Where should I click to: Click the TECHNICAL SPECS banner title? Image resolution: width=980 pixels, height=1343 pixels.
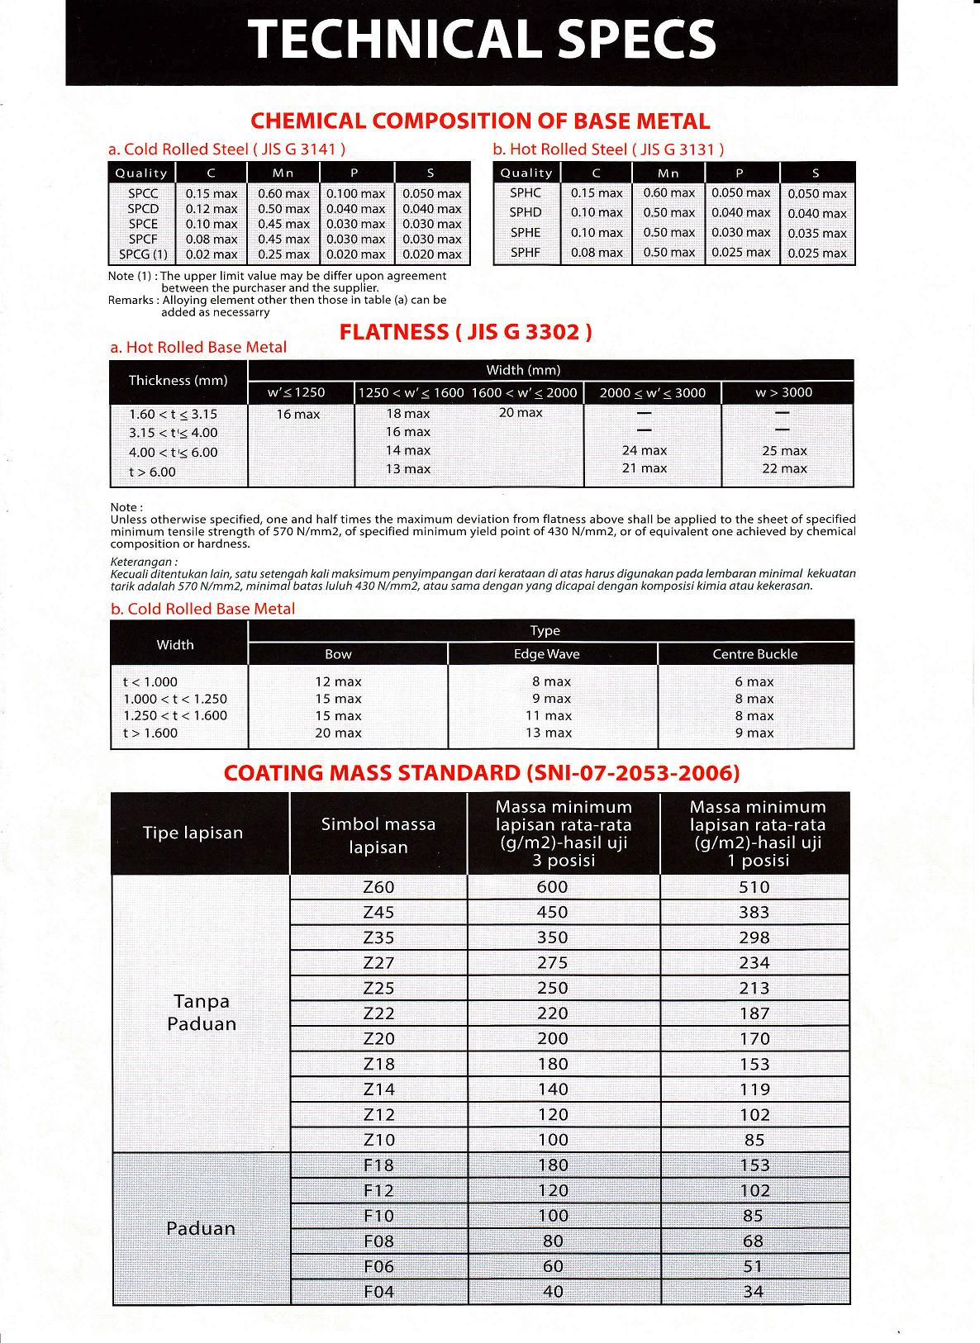(482, 40)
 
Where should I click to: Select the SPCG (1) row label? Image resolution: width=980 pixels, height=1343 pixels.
(143, 254)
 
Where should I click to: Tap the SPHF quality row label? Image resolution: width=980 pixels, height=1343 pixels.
(526, 252)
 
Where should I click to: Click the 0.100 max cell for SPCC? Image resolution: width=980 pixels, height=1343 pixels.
(355, 193)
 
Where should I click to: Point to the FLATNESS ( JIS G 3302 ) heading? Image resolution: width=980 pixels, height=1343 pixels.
(466, 332)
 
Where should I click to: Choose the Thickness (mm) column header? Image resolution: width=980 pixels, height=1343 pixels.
(178, 381)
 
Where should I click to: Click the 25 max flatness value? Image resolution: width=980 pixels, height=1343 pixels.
(784, 451)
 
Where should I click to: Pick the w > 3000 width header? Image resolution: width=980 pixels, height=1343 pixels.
(783, 392)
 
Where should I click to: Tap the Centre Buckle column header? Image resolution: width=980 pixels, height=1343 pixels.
(754, 654)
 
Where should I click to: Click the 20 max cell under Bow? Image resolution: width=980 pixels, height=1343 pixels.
(338, 733)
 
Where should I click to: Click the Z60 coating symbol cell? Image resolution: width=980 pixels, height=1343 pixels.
(378, 887)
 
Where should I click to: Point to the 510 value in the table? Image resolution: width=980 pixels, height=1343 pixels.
(754, 887)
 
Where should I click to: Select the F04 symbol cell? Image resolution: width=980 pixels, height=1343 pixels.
(378, 1292)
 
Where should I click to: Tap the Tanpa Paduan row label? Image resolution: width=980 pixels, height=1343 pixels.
(202, 1013)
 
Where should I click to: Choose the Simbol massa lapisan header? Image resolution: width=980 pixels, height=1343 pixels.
(378, 835)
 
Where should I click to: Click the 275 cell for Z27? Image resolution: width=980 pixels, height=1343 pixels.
(552, 963)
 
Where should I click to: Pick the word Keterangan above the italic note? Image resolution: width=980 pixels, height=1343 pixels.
(143, 562)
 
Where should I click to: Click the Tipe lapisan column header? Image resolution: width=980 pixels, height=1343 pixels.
(193, 833)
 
